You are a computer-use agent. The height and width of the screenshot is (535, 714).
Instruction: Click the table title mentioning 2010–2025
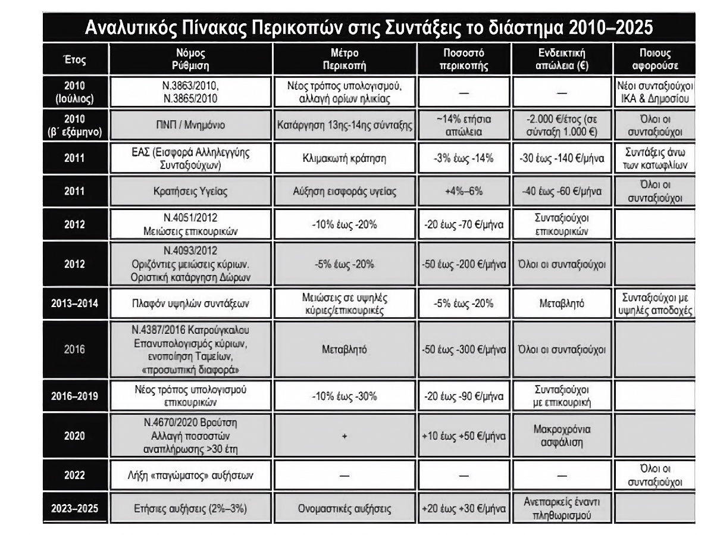coord(368,27)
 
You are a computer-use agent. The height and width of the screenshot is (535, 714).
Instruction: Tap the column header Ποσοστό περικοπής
coord(464,60)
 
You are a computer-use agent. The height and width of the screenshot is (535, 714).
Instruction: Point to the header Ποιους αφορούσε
coord(656,60)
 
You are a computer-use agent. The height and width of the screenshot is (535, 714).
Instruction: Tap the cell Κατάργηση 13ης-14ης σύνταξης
coord(346,126)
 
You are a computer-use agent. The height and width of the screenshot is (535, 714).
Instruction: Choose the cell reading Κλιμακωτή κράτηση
coord(346,159)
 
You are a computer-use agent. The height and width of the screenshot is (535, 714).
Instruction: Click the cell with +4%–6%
coord(464,192)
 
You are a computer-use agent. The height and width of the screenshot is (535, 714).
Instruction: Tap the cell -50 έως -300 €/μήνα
coord(464,349)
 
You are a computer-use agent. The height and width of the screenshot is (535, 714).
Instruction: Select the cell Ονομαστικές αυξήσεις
coord(346,508)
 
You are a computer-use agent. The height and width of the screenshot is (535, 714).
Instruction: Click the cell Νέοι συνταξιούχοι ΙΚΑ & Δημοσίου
coord(656,92)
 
